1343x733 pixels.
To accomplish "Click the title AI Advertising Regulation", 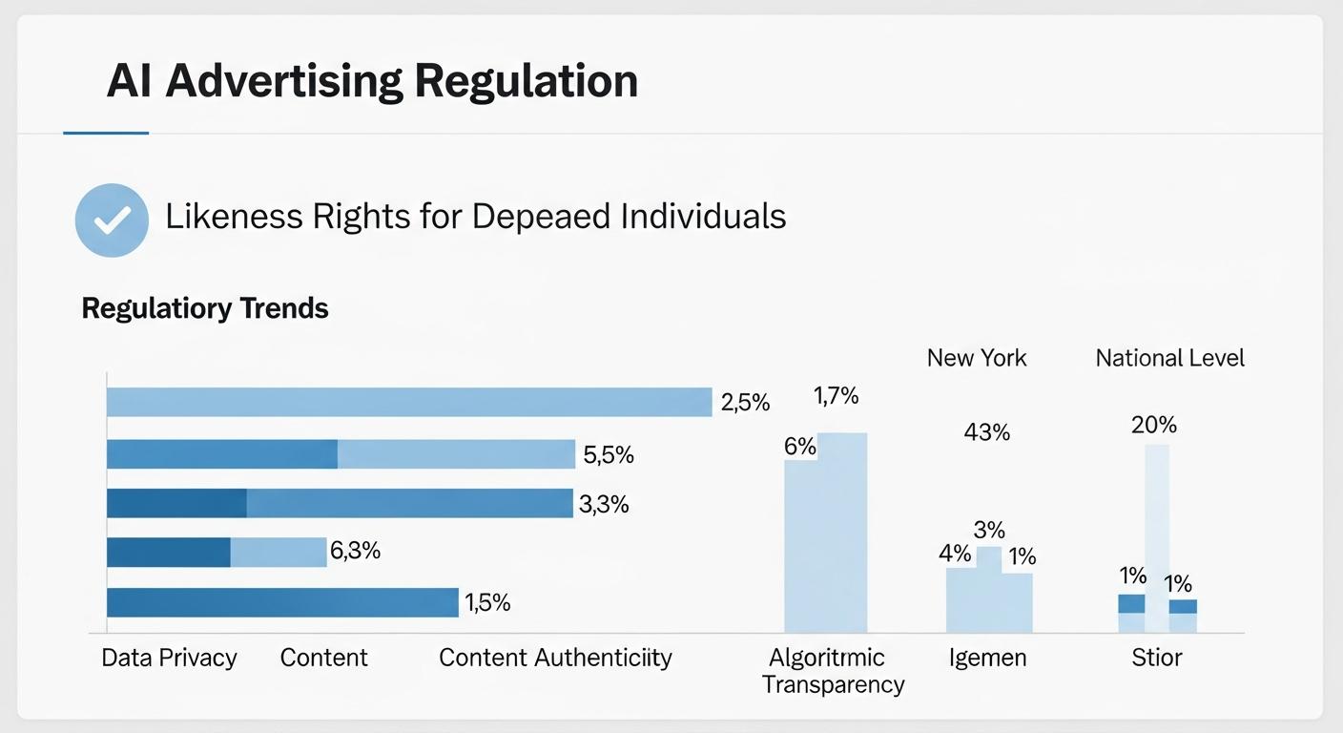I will point(372,81).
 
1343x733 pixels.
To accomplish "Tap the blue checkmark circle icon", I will point(112,220).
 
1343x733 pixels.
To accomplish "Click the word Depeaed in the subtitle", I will point(541,217).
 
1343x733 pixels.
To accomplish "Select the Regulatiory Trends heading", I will point(205,308).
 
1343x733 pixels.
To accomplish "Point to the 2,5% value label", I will point(745,403).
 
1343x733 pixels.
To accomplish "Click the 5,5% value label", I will point(608,455).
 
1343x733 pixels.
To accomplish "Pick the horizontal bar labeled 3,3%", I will point(339,503).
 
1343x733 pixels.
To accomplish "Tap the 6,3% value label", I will point(355,551).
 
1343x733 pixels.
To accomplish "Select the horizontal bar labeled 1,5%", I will point(282,602).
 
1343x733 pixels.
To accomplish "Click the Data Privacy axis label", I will point(169,658).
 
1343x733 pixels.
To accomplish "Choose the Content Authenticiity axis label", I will point(555,658).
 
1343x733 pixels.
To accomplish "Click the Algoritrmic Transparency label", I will point(833,671).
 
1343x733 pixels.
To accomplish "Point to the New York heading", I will point(977,358).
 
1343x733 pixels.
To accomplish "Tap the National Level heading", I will point(1169,358).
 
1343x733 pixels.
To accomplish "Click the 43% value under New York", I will point(986,432).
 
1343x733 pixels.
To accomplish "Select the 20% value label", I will point(1153,425).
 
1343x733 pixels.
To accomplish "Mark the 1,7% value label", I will point(836,395).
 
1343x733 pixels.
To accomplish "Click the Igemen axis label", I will point(987,658).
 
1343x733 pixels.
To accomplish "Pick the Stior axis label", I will point(1156,658).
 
